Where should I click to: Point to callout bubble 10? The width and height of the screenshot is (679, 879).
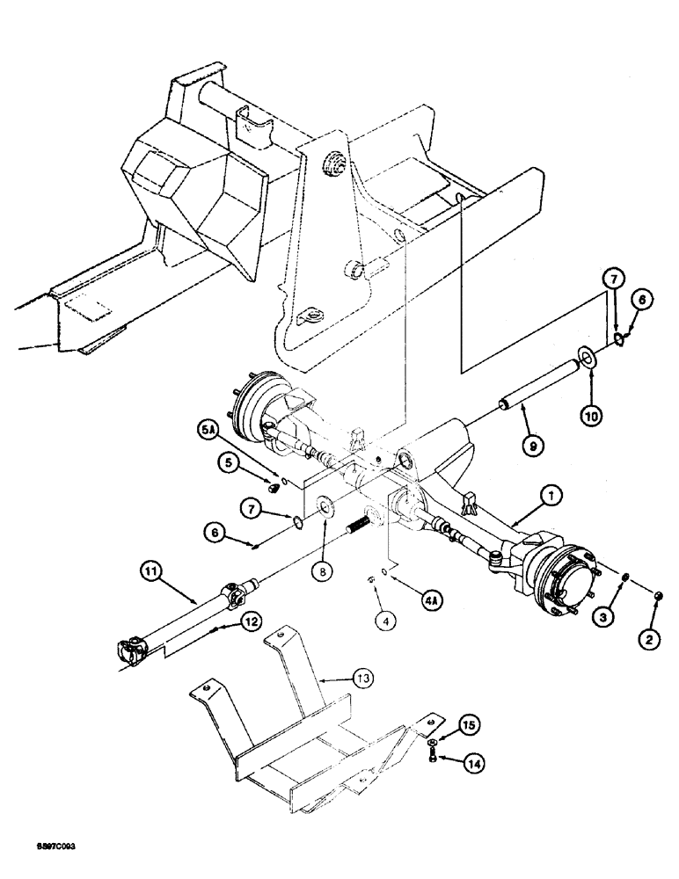(x=590, y=413)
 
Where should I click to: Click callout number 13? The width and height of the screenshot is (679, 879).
(x=338, y=679)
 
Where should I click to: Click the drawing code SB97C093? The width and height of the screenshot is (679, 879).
(x=57, y=842)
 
